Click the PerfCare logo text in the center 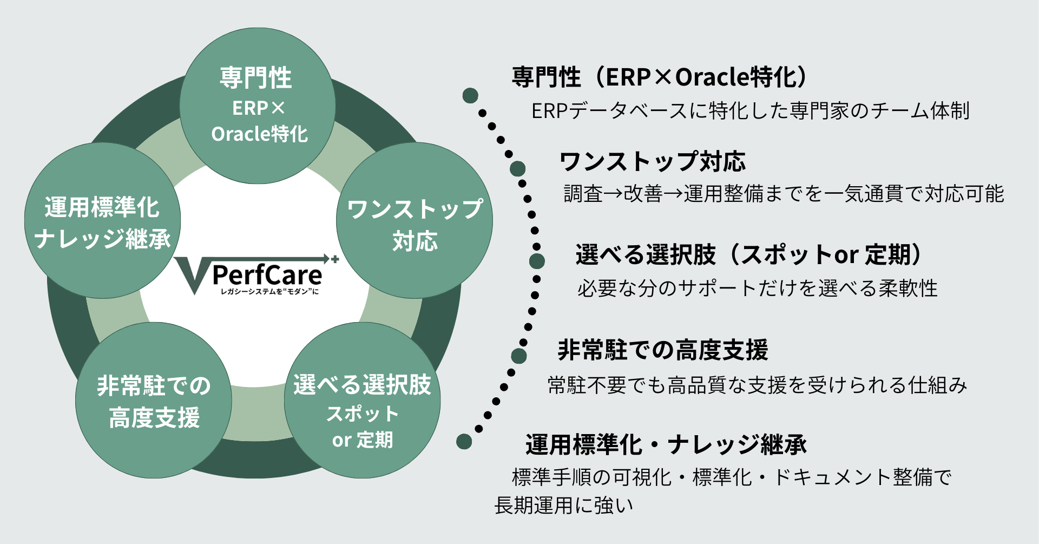coord(267,275)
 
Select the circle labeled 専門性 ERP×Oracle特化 coord(258,106)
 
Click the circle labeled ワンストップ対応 coord(415,221)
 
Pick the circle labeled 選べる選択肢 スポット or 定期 coord(362,401)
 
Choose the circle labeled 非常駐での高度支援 coord(154,401)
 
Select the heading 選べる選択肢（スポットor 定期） coord(749,254)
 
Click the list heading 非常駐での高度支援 coord(662,350)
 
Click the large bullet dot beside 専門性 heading coord(470,96)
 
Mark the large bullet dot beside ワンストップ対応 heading coord(518,168)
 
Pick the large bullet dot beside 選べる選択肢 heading coord(537,261)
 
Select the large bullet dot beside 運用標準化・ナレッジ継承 coord(464,442)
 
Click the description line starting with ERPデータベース coord(750,111)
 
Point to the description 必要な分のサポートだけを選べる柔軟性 coord(757,288)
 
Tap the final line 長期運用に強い coord(563,506)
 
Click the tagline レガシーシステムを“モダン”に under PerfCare coord(269,292)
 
